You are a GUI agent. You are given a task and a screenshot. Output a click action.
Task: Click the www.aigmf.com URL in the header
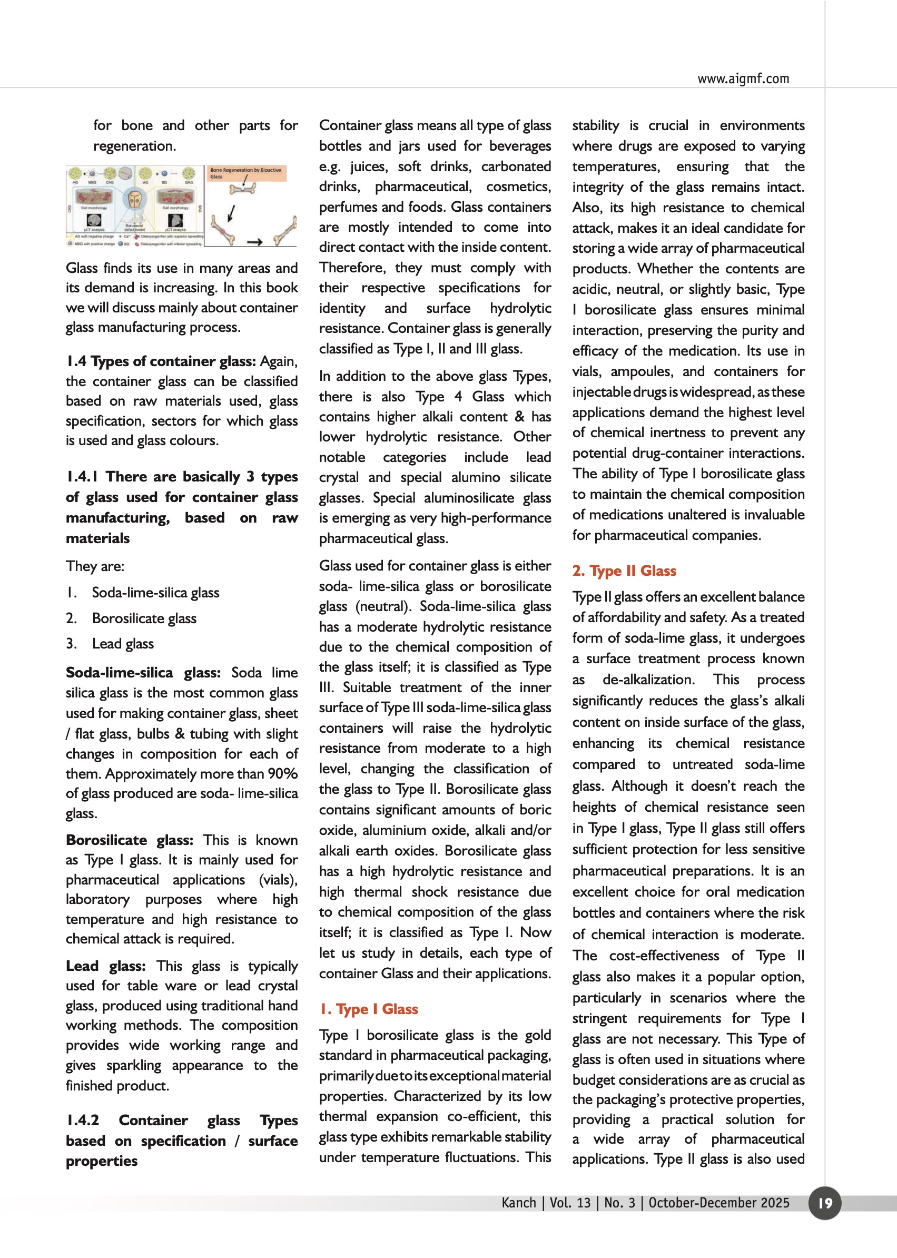point(743,79)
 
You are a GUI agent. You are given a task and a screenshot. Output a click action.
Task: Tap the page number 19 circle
point(825,1203)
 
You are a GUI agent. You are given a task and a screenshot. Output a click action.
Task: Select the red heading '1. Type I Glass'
point(369,1009)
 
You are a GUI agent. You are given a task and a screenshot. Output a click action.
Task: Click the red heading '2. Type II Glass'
point(624,571)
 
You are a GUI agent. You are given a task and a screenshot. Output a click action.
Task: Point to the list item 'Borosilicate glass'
point(144,618)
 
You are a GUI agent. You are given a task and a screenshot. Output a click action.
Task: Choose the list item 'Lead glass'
point(123,644)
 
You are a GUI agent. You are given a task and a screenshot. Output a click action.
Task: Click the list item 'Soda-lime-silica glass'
point(155,593)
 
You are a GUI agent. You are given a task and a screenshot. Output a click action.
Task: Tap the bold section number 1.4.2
point(83,1120)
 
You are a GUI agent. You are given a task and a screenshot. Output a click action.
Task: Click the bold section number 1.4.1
point(82,477)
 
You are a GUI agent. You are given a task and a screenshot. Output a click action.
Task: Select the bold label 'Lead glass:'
point(105,966)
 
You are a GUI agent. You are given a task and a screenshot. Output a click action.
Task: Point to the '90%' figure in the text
point(283,773)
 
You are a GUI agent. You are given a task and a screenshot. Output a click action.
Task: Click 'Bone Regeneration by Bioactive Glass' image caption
point(245,173)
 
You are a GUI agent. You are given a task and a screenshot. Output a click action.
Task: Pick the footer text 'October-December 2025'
point(718,1203)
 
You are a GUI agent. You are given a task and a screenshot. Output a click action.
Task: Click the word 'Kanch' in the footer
point(519,1203)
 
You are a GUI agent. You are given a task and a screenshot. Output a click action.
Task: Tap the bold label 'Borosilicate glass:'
point(129,840)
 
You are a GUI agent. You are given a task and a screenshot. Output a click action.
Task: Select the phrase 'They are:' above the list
point(95,566)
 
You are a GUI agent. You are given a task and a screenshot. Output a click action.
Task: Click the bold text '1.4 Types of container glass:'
point(161,361)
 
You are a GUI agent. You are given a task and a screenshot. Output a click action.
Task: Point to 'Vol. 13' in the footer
point(570,1203)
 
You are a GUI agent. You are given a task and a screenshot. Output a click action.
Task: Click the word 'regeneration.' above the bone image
point(134,146)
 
